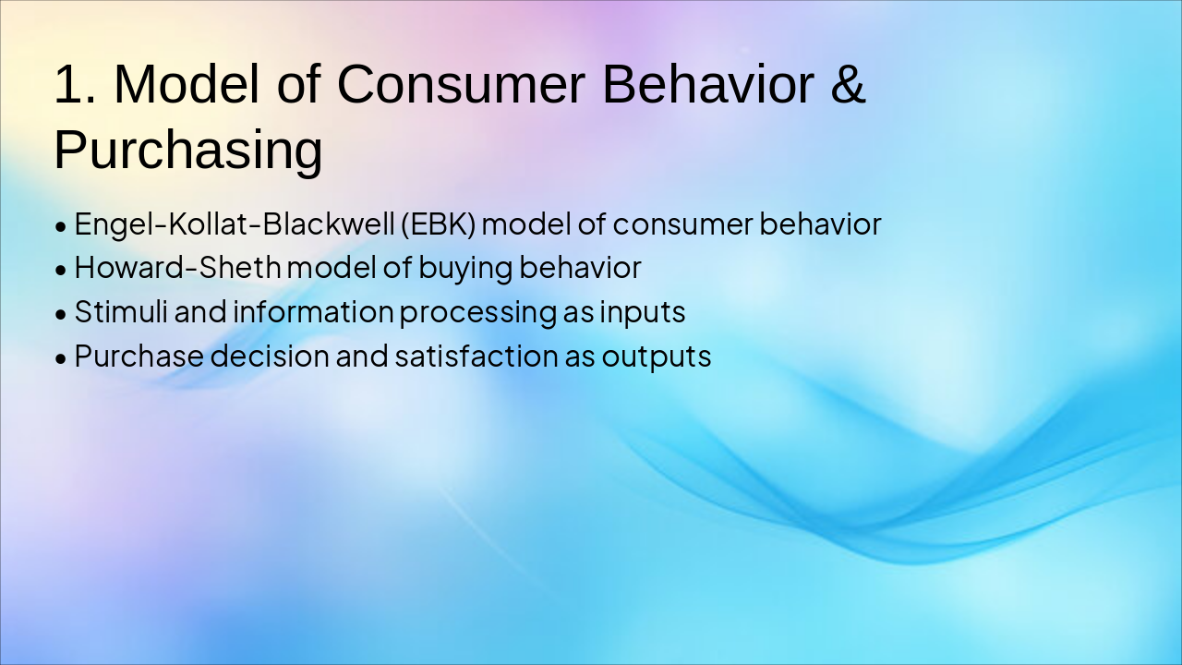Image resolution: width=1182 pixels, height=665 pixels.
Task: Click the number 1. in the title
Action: (x=76, y=84)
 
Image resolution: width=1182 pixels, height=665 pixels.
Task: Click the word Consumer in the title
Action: (x=461, y=84)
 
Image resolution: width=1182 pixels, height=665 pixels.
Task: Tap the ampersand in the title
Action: (x=848, y=84)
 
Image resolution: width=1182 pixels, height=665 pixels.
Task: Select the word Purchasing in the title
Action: (x=188, y=150)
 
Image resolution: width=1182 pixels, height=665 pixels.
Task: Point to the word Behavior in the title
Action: (x=708, y=84)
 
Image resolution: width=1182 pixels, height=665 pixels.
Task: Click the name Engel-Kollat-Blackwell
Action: (x=235, y=224)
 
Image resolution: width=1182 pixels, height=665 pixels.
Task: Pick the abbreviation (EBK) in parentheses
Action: (x=438, y=224)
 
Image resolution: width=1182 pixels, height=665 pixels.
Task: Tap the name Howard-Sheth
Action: (x=178, y=267)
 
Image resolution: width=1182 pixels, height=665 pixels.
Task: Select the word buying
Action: (x=465, y=268)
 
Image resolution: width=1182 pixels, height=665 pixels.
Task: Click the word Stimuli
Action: (x=121, y=311)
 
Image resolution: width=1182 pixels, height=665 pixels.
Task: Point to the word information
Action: (x=313, y=311)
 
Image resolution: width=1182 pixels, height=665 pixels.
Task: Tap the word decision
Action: (x=270, y=356)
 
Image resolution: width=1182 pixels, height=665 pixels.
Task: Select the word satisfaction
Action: (x=476, y=356)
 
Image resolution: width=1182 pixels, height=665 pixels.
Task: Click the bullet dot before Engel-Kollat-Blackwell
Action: (x=61, y=227)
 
